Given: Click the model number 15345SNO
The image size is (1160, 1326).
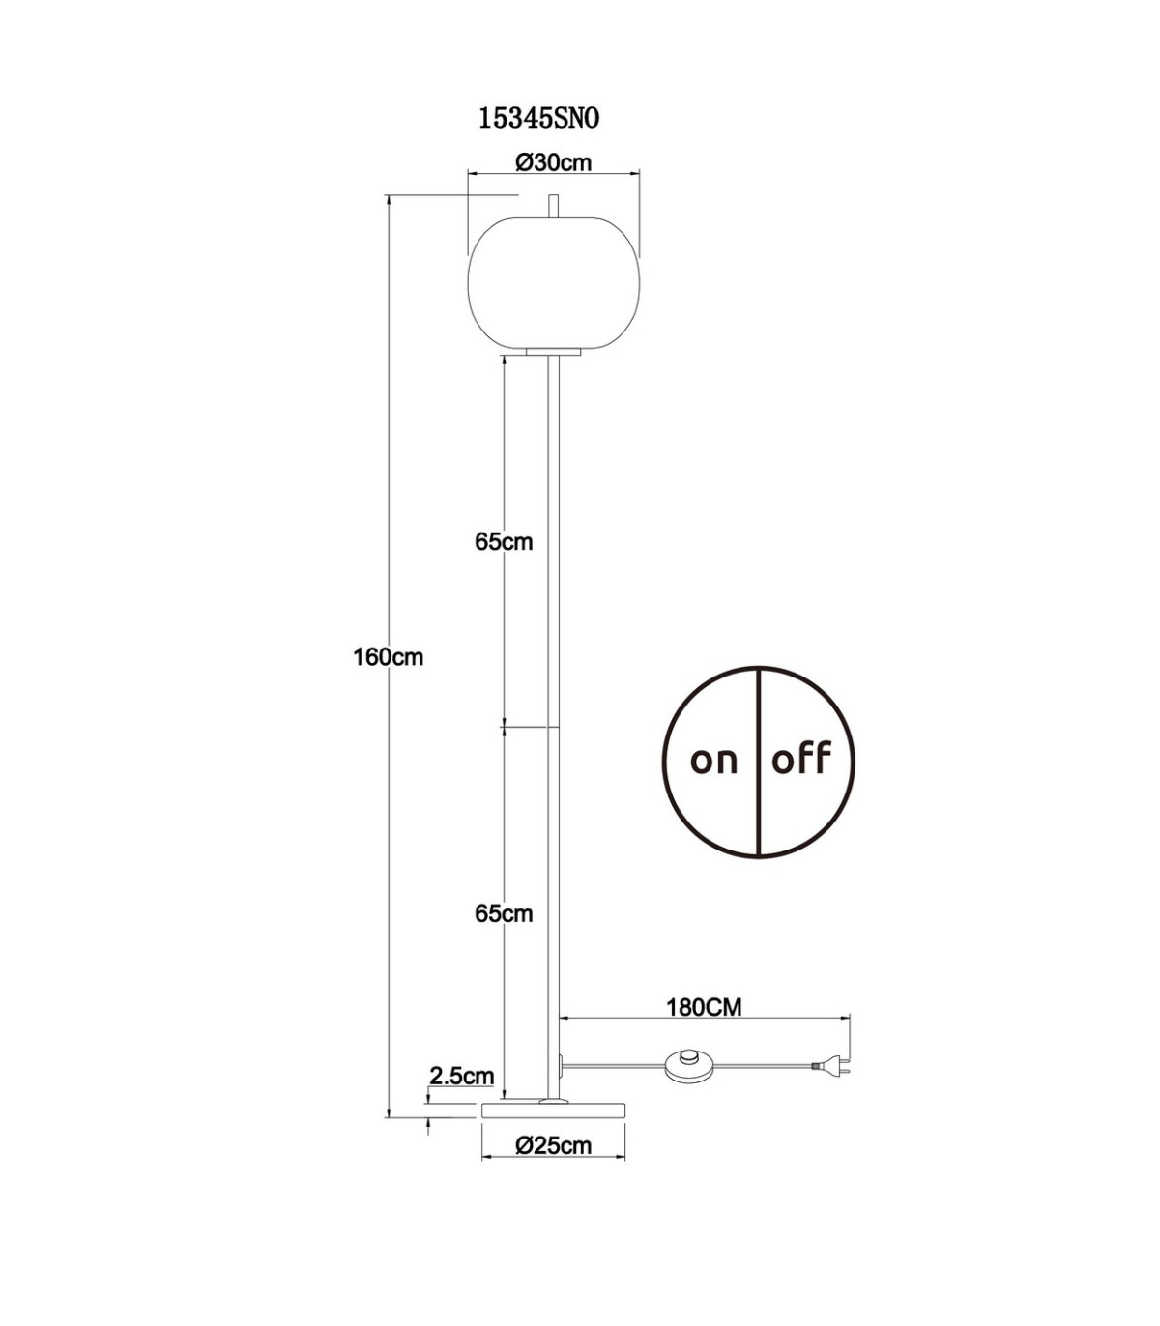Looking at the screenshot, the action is coord(539,119).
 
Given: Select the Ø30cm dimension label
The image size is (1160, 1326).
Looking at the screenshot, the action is coord(554,162).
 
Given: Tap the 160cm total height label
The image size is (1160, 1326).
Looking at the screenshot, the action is coord(389,658).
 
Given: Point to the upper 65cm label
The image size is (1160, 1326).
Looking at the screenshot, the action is coord(504,542).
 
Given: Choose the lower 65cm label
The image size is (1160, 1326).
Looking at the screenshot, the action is coord(504,914).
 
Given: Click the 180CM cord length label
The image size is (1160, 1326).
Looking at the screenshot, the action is coord(705,1008).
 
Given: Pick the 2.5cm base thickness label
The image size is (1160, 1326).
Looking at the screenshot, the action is coord(462,1076).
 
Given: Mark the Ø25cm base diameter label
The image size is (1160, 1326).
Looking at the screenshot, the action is coord(554,1146).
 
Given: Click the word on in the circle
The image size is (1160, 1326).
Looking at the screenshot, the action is coord(713,761).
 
